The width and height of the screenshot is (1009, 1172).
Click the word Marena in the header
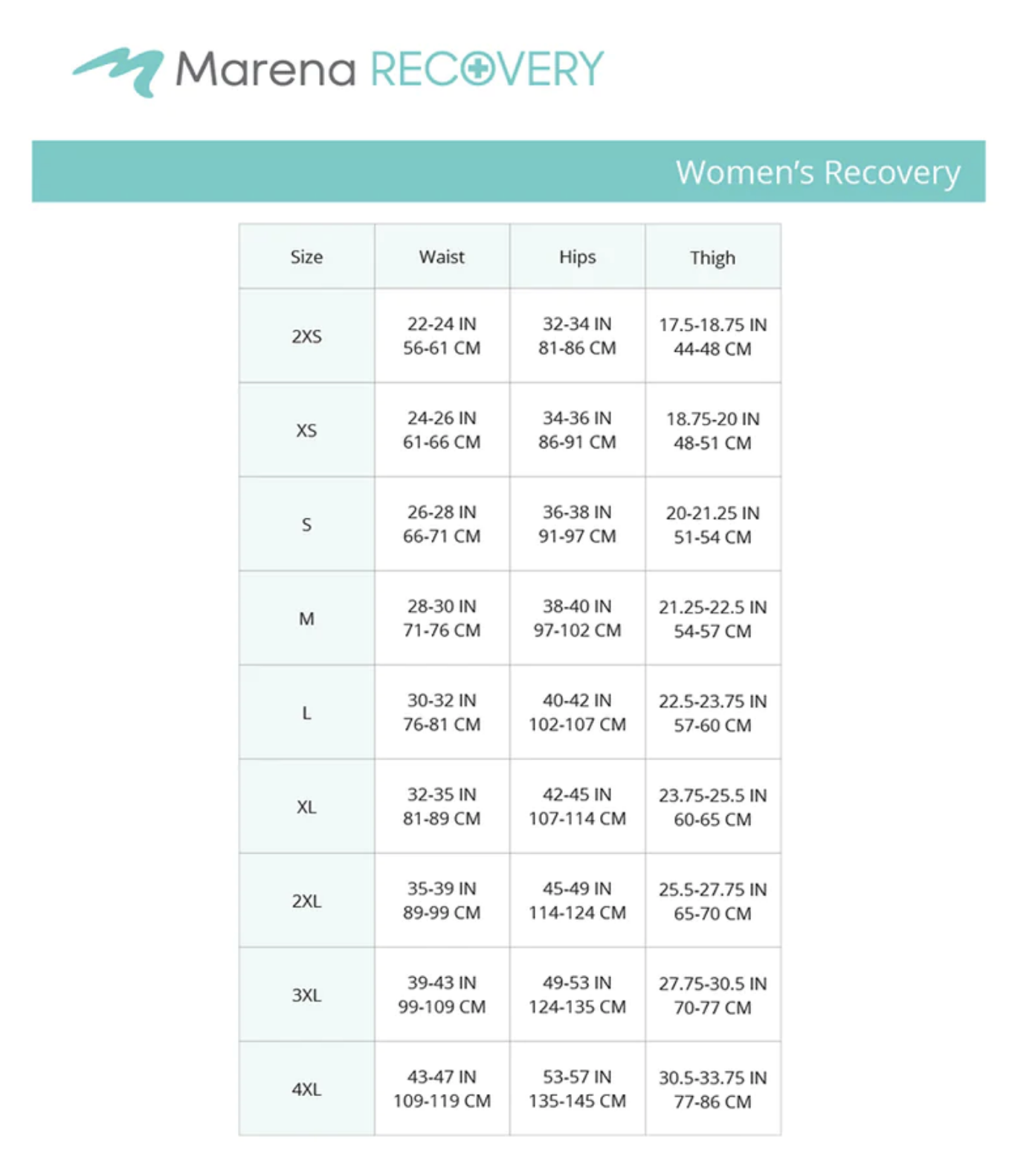pyautogui.click(x=265, y=69)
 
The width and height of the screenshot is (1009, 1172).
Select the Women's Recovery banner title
pyautogui.click(x=817, y=172)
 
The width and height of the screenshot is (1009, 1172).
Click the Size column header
pyautogui.click(x=306, y=257)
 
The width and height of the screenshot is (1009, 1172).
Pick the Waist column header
pyautogui.click(x=442, y=257)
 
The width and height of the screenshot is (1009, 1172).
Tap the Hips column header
pyautogui.click(x=577, y=257)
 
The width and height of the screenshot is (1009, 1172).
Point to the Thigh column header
pyautogui.click(x=712, y=258)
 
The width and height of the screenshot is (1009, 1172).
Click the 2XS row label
pyautogui.click(x=306, y=336)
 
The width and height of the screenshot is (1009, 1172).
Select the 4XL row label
pyautogui.click(x=306, y=1089)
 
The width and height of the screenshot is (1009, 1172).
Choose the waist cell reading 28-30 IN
pyautogui.click(x=442, y=618)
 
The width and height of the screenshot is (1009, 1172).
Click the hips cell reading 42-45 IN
pyautogui.click(x=577, y=806)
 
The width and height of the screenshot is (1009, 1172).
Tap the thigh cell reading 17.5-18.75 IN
pyautogui.click(x=712, y=336)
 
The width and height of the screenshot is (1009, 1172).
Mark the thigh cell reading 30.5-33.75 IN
pyautogui.click(x=712, y=1089)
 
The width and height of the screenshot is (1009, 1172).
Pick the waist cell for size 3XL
pyautogui.click(x=442, y=995)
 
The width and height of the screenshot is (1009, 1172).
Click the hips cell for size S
pyautogui.click(x=577, y=524)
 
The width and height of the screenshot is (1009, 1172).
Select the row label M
pyautogui.click(x=306, y=619)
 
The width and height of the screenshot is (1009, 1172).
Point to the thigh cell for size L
pyautogui.click(x=712, y=712)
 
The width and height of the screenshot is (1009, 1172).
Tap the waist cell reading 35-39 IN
pyautogui.click(x=442, y=901)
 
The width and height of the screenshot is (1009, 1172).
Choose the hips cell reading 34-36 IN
pyautogui.click(x=577, y=430)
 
